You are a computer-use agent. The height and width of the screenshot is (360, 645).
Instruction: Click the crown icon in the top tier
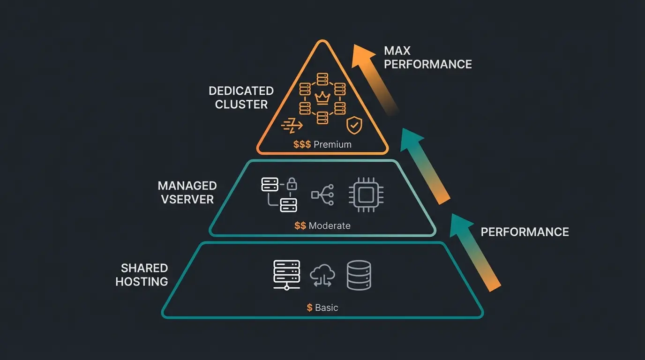pos(322,98)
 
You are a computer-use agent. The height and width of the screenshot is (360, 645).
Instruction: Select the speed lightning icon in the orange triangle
pos(292,125)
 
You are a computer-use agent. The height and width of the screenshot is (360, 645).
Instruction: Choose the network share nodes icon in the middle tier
pos(322,195)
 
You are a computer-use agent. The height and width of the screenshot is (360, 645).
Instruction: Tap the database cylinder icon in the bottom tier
pos(359,275)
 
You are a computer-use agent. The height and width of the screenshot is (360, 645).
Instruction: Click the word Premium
pos(332,144)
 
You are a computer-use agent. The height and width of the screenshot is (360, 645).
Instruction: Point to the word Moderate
pos(330,226)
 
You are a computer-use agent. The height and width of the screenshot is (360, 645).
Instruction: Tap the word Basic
pos(326,308)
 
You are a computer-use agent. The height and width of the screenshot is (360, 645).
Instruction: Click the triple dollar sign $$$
pos(302,144)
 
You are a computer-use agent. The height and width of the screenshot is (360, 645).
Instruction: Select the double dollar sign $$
pos(300,226)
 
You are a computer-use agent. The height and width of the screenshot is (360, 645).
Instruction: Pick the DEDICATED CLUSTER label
pos(241,97)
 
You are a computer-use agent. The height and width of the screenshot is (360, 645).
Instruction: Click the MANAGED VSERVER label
pos(187,192)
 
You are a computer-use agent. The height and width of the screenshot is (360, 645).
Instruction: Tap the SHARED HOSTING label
pos(142,275)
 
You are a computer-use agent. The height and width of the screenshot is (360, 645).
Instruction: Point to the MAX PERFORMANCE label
pos(427,57)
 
